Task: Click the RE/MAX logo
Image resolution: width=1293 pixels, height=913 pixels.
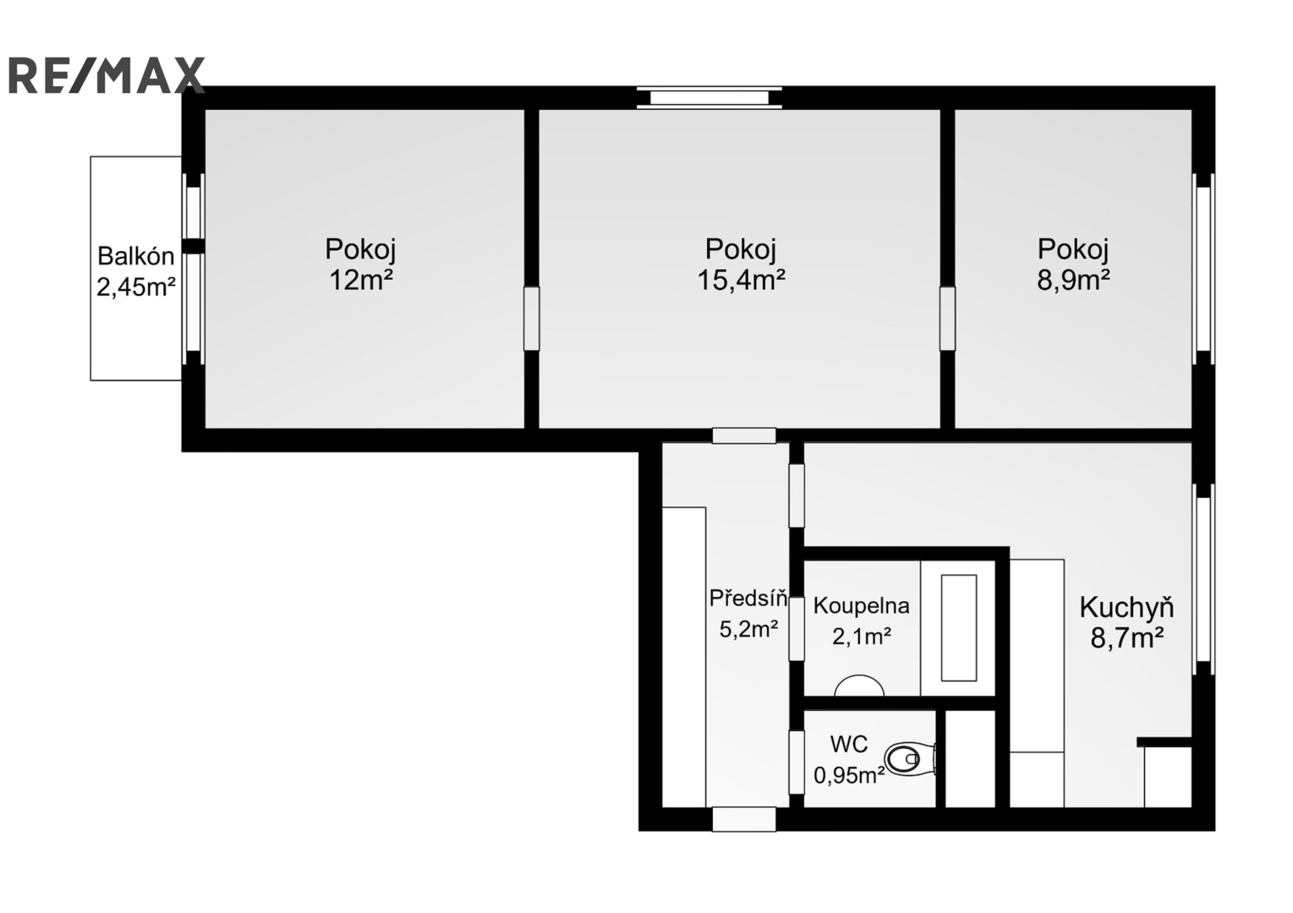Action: pos(107,75)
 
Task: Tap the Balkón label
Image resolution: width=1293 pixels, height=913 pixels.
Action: pos(135,256)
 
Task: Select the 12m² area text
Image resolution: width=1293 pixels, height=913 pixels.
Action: pos(361,281)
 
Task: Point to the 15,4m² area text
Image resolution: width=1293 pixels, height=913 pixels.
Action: pos(741,281)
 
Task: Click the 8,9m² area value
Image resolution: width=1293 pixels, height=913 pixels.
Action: pos(1074,281)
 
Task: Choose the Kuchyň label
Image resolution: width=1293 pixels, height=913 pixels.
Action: pos(1126,609)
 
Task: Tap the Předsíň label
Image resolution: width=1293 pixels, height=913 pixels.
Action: pos(748,598)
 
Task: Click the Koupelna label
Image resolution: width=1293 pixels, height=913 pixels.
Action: pos(861,605)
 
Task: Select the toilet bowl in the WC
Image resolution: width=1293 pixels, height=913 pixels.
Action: pos(910,759)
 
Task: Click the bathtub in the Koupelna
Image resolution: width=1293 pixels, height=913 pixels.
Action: pos(958,628)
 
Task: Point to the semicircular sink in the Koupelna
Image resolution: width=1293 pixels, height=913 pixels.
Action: pos(859,686)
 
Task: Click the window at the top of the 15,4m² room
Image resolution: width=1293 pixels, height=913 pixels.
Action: pos(710,97)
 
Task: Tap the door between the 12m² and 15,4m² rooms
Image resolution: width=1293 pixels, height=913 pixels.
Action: pos(532,319)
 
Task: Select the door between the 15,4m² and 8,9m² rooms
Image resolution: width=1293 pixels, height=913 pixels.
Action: pos(947,319)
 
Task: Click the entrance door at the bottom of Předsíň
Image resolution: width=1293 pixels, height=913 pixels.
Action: pos(744,819)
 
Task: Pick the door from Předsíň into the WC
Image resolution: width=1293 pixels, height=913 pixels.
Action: pos(797,763)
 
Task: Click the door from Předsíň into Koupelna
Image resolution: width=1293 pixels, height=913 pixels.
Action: pos(797,629)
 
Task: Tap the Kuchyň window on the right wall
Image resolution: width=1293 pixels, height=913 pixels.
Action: pos(1204,579)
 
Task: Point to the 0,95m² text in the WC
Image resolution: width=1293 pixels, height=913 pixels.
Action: pos(850,775)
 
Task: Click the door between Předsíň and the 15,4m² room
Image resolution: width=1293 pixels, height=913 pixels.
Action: pos(744,435)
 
